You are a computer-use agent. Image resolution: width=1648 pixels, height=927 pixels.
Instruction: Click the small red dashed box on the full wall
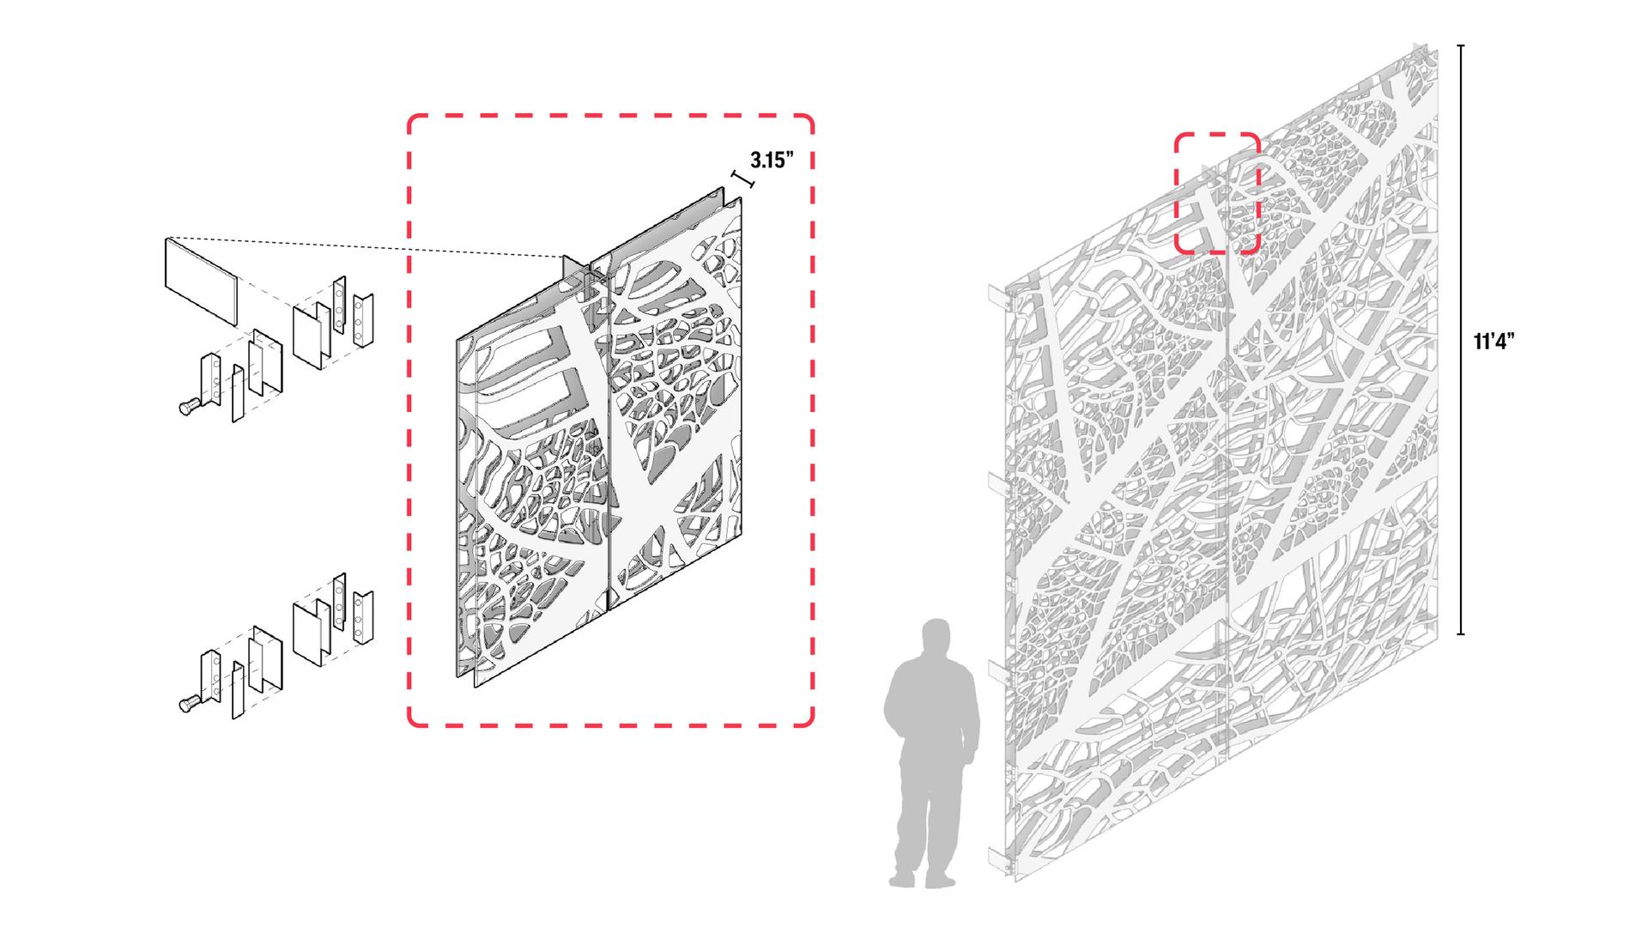(x=1216, y=193)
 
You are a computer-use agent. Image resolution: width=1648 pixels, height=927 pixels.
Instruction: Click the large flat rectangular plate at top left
(x=200, y=281)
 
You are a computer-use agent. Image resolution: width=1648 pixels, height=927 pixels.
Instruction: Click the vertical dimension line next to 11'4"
(x=1462, y=340)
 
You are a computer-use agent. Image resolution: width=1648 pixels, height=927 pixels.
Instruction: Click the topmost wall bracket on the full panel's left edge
(x=998, y=296)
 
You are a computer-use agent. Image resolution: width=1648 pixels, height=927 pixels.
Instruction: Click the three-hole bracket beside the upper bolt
(x=209, y=381)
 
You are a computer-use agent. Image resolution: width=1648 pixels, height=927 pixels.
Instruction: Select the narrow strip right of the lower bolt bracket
(x=238, y=690)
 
